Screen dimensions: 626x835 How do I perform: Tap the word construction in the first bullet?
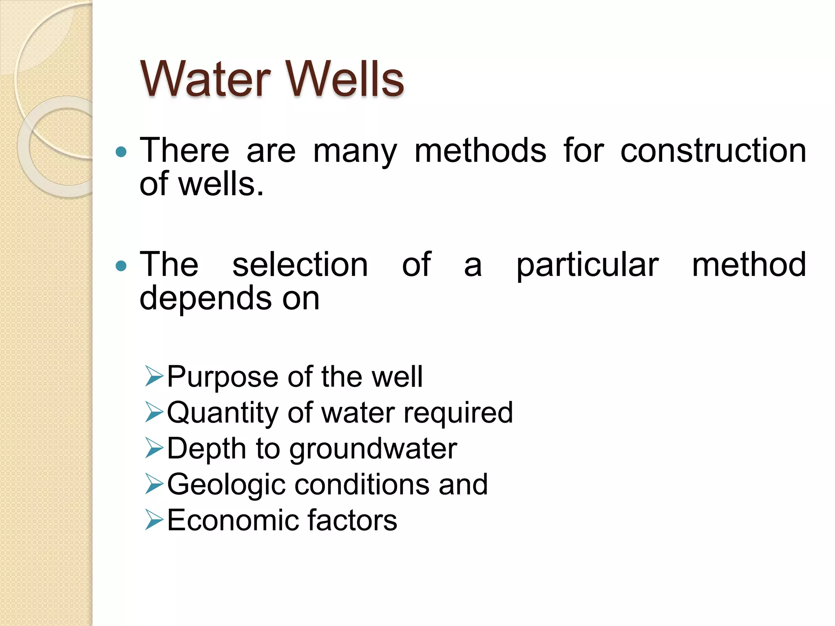point(713,150)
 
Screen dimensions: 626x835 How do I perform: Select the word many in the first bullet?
point(355,152)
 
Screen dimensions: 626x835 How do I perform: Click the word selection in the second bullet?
point(300,265)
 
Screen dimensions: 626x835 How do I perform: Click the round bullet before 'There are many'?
point(121,152)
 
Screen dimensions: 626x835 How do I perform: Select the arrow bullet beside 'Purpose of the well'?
point(154,376)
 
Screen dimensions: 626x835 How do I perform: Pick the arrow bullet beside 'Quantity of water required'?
point(154,412)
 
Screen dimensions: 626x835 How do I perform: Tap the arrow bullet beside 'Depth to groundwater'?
point(154,448)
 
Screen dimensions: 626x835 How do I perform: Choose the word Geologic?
point(226,485)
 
